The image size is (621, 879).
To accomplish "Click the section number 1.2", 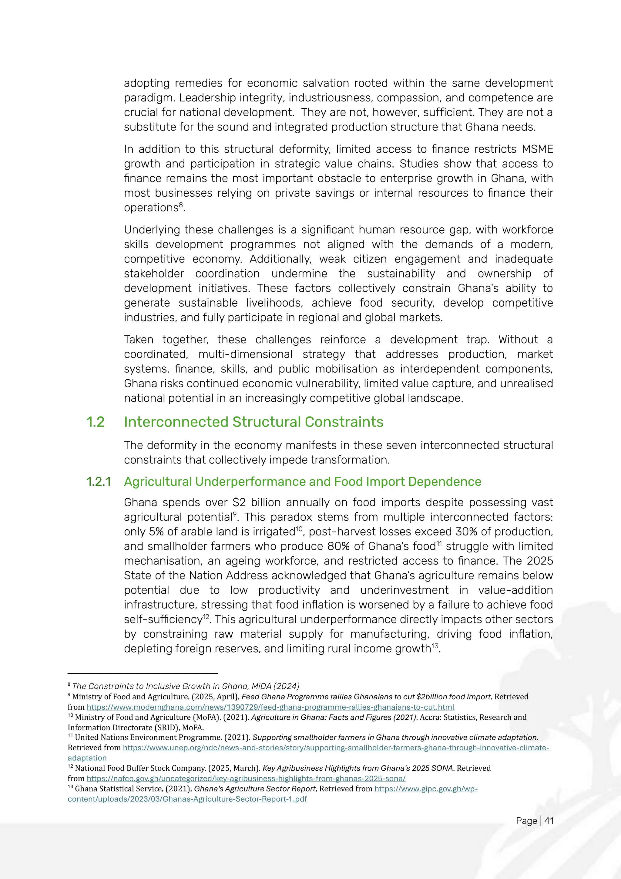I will click(95, 422).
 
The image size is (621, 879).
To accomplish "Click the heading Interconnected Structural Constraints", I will click(253, 422).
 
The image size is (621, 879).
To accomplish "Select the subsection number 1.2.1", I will click(98, 482).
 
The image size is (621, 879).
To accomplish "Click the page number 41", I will click(549, 821).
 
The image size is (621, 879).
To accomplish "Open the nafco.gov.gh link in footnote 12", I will click(246, 778).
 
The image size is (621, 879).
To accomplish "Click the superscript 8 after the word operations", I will click(181, 205).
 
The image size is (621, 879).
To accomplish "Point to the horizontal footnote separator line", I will click(142, 673).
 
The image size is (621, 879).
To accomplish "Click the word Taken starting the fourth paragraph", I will click(139, 340).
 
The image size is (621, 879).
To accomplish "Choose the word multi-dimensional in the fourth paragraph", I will click(245, 354).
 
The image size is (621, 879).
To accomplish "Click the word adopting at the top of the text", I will click(147, 83).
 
